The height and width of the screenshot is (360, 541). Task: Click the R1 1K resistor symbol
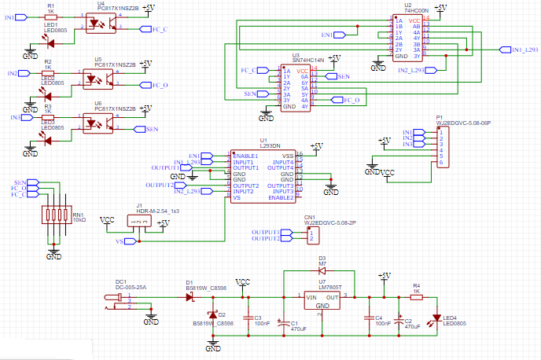tap(50, 17)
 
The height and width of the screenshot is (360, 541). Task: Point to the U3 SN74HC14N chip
tap(296, 88)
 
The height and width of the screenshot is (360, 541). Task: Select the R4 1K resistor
tap(416, 297)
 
